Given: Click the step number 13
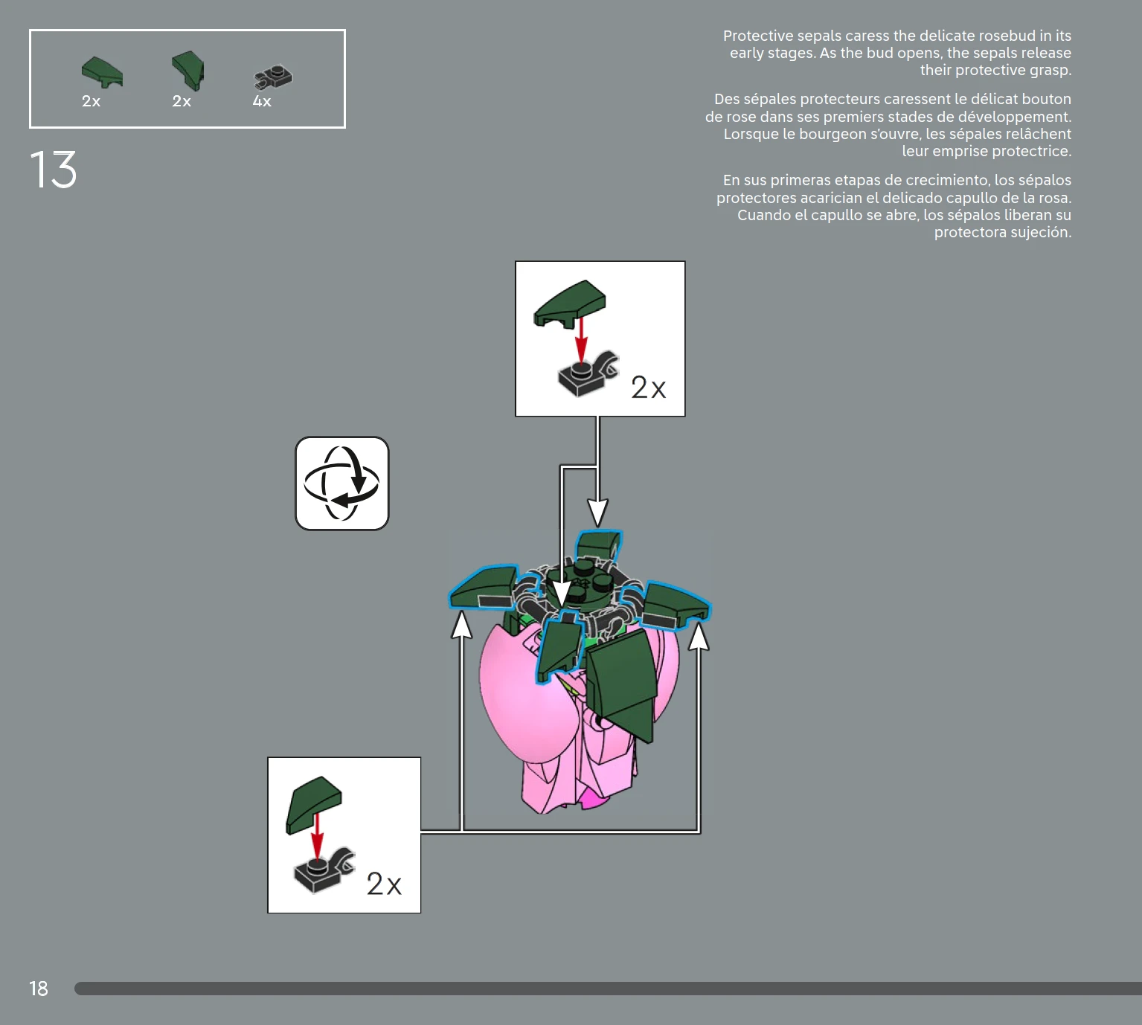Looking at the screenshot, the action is pyautogui.click(x=53, y=169).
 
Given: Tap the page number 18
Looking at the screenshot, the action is pyautogui.click(x=39, y=988).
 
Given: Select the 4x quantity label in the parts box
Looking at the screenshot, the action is pyautogui.click(x=262, y=101).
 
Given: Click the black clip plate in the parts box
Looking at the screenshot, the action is pyautogui.click(x=273, y=77).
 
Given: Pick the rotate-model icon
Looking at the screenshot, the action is pyautogui.click(x=342, y=483).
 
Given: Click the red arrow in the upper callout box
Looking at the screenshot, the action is pyautogui.click(x=581, y=339).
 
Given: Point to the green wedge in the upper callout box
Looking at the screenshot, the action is pyautogui.click(x=569, y=303).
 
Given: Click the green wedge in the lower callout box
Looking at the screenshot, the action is pyautogui.click(x=313, y=804).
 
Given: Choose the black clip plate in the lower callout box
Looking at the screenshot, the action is pyautogui.click(x=324, y=870).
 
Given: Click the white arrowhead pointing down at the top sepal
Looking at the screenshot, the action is pyautogui.click(x=598, y=512).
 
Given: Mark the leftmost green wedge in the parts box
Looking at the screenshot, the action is pyautogui.click(x=102, y=72).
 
